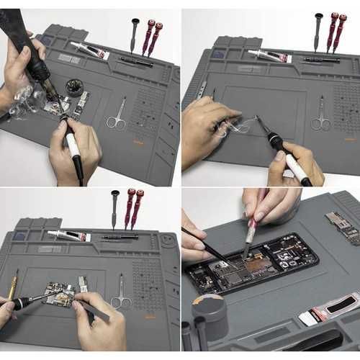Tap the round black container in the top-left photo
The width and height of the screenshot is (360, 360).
[x=74, y=88]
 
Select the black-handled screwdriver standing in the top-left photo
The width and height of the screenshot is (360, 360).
[x=135, y=33]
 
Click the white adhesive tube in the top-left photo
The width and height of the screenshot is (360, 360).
[x=90, y=50]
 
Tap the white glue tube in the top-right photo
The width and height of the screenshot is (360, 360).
[x=269, y=55]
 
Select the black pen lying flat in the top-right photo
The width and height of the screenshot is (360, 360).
[x=321, y=60]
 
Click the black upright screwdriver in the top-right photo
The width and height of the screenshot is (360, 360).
[x=318, y=30]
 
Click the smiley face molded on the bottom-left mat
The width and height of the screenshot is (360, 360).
[x=167, y=240]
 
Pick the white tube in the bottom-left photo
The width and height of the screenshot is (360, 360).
[x=69, y=235]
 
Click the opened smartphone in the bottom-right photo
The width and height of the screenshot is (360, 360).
[x=251, y=263]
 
